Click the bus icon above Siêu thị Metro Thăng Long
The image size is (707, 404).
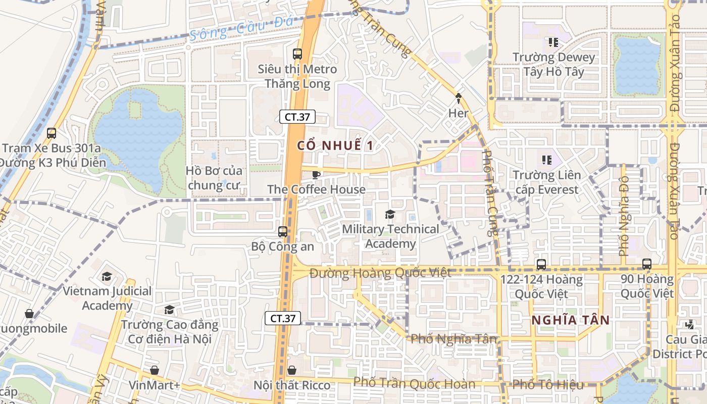297,54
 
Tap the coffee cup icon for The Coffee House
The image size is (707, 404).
316,175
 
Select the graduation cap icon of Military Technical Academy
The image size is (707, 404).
390,215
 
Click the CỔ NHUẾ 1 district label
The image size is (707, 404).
335,146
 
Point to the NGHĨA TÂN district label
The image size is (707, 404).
571,320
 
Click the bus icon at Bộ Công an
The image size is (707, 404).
283,232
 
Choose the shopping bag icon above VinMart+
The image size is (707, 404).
154,370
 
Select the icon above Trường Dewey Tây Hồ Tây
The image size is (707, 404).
553,42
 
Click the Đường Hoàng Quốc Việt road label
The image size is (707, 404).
380,273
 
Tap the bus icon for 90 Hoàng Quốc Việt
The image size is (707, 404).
647,264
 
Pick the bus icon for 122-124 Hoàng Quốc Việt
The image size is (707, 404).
541,264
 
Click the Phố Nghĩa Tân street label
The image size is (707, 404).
454,339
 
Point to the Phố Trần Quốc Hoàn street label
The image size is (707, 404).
414,383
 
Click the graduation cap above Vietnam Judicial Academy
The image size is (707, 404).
107,276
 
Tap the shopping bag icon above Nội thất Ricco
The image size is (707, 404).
291,371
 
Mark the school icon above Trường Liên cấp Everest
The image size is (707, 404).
546,160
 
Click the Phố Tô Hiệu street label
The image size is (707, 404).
548,384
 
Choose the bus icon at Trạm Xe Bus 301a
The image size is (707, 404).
52,133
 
